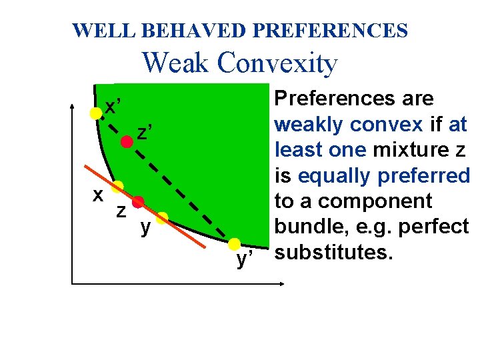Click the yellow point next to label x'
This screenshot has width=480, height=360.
[96, 113]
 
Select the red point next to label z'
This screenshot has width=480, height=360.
[126, 141]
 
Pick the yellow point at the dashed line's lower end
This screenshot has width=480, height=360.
[235, 244]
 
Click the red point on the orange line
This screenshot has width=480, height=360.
[138, 202]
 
